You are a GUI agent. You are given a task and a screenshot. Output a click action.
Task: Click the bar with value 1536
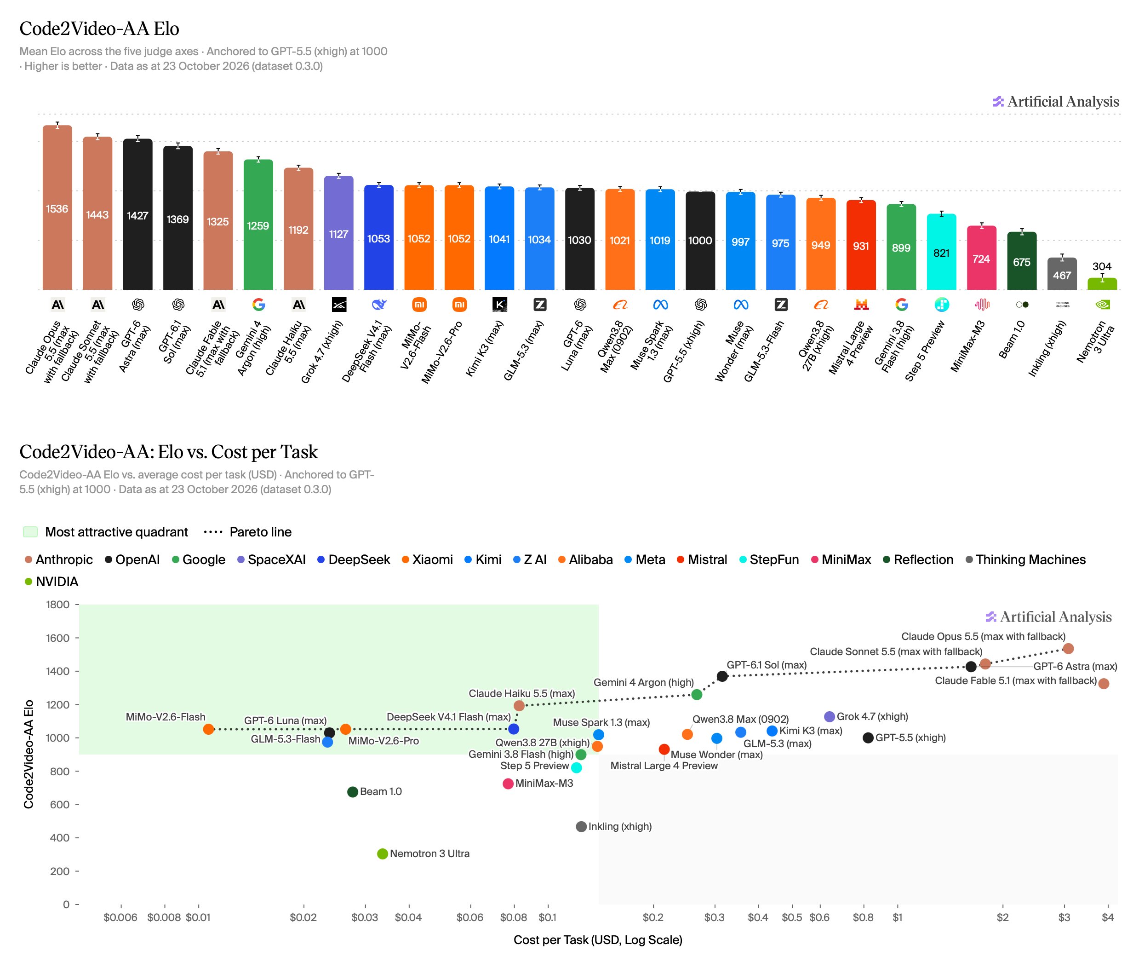57,207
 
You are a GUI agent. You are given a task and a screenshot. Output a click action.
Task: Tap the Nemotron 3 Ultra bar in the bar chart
1102,283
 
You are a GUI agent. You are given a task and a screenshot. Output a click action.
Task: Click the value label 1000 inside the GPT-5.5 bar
700,240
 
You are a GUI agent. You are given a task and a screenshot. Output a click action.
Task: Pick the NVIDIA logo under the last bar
1102,305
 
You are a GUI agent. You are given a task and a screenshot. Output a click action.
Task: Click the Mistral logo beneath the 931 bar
861,305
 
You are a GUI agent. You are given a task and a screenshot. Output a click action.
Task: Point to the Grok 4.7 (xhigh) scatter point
829,717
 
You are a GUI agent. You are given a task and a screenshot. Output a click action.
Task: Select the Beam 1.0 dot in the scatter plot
353,792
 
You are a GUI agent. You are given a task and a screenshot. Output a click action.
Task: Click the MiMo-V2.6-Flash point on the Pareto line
208,729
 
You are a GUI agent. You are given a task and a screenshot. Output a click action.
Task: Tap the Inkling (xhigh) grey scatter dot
581,827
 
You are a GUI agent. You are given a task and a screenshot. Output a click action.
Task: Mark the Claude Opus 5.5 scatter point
1068,648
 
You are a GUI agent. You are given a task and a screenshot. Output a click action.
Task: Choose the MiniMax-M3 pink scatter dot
508,784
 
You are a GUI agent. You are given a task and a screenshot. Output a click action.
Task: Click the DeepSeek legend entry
353,559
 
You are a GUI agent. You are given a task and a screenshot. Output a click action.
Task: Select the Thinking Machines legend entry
1026,559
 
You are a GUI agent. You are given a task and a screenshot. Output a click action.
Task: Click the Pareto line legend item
248,532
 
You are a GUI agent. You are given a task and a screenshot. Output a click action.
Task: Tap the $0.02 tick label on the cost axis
303,917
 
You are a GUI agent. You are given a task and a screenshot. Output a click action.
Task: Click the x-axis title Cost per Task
598,940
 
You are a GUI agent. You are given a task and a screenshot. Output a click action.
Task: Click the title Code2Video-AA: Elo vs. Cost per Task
168,452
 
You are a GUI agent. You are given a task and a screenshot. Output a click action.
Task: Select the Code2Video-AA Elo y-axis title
29,754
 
